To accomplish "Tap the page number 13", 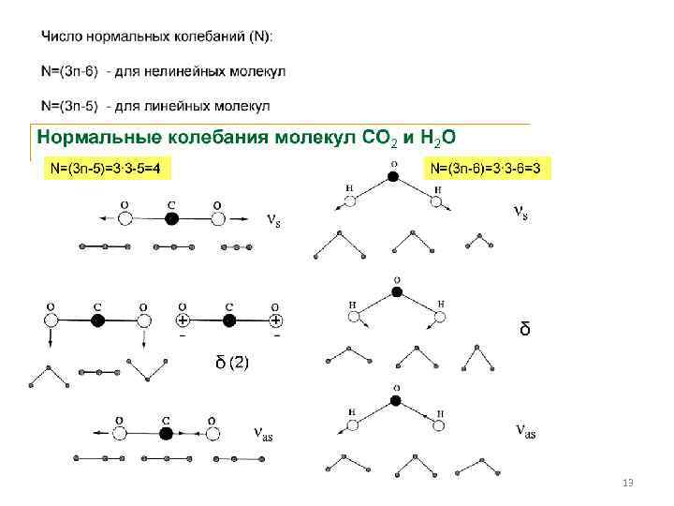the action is (x=628, y=482).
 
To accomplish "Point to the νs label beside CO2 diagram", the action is (x=272, y=221).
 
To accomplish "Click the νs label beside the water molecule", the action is (x=521, y=214).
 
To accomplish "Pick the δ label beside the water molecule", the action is (x=525, y=329).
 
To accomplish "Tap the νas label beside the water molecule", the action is (x=526, y=430).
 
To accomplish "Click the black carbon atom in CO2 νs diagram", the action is (x=171, y=219).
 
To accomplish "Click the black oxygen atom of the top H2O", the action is (x=393, y=175).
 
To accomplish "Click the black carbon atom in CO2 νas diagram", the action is (x=166, y=434).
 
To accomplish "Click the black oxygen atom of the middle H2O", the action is (x=396, y=292).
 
